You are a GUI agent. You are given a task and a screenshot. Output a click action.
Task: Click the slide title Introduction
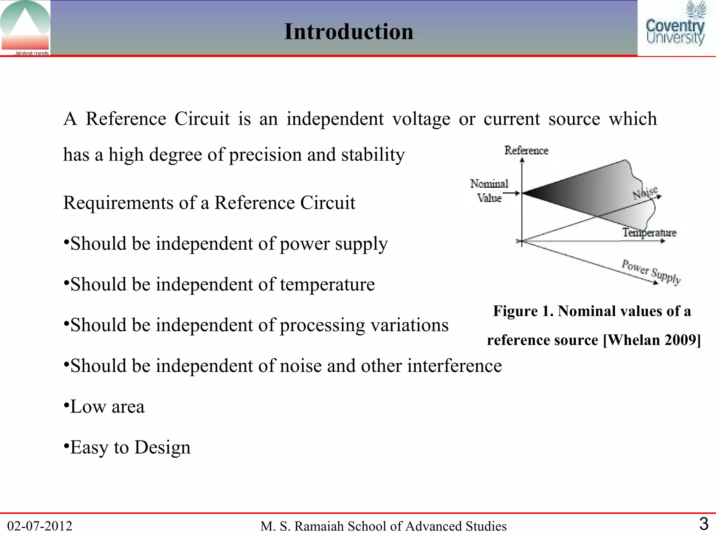point(349,31)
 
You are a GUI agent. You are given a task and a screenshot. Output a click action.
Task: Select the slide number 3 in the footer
point(703,524)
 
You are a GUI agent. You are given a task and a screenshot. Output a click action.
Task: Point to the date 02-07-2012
point(40,526)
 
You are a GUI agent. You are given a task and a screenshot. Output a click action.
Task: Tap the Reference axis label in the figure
point(526,150)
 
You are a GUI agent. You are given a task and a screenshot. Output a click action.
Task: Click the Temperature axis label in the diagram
point(649,232)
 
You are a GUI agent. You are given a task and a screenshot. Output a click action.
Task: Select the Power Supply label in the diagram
point(651,272)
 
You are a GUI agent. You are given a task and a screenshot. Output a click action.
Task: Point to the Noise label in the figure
point(645,193)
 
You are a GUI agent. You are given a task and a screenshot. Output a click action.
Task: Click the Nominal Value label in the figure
point(489,191)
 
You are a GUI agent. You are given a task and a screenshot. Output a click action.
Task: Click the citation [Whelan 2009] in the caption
point(652,340)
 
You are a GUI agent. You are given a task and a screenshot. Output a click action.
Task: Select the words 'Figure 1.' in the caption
point(523,311)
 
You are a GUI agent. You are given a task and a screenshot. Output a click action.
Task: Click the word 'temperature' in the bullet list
point(327,284)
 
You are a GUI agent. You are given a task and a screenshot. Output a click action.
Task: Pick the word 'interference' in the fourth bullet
point(454,366)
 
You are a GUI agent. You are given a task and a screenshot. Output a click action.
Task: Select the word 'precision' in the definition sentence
point(265,155)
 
